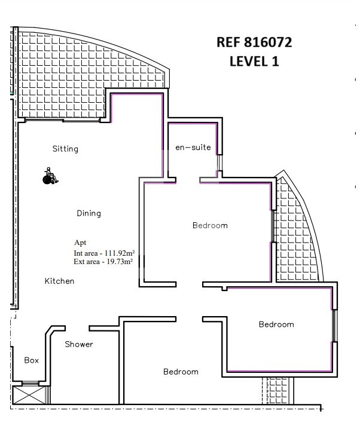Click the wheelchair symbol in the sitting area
coord(50,176)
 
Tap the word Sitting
coord(65,149)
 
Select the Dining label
coord(89,213)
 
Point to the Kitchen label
coord(59,281)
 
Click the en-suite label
coord(193,147)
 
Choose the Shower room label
coord(79,344)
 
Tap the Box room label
coord(32,360)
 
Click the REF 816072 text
coord(254,42)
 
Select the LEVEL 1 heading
coord(254,62)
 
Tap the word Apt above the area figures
coord(80,243)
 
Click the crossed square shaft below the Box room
coord(29,395)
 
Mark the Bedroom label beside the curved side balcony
coord(210,225)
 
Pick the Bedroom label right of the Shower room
coord(181,372)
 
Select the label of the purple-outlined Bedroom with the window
coord(276,324)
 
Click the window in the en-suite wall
coord(219,163)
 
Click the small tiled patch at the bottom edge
coord(277,391)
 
